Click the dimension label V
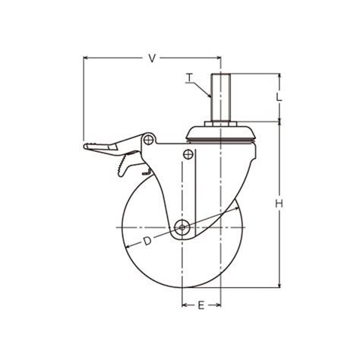[x=152, y=58]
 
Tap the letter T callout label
[x=189, y=78]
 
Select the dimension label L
[x=279, y=97]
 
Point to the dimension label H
[x=279, y=204]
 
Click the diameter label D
[x=147, y=241]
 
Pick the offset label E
[x=201, y=305]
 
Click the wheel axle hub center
[x=182, y=227]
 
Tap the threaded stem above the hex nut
[x=221, y=97]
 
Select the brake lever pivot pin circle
[x=148, y=139]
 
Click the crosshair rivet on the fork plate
[x=188, y=154]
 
